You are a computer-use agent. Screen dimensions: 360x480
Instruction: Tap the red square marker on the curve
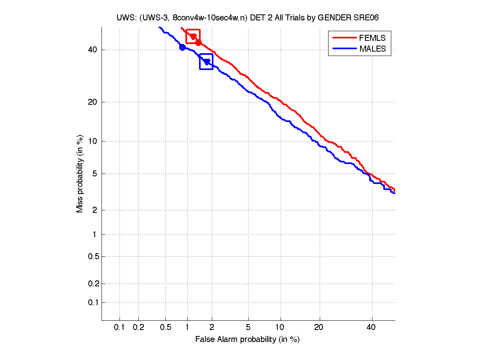coord(193,36)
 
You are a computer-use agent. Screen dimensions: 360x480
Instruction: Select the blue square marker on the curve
coord(206,62)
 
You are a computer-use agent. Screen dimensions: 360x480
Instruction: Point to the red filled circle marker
coord(198,42)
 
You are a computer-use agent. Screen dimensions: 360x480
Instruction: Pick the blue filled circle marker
coord(182,47)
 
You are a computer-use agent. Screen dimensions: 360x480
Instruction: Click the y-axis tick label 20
coord(92,102)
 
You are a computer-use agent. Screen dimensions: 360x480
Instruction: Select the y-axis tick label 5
coord(94,174)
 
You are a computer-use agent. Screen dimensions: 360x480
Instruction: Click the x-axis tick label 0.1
coord(120,328)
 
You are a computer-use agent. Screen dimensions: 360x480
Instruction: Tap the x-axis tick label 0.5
coord(165,328)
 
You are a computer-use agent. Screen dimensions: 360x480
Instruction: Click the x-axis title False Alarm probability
coord(247,340)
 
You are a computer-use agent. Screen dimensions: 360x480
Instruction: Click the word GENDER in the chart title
coord(338,17)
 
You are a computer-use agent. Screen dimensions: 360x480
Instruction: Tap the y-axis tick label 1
coord(94,234)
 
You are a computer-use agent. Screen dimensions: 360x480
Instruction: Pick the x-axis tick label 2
coord(212,328)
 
